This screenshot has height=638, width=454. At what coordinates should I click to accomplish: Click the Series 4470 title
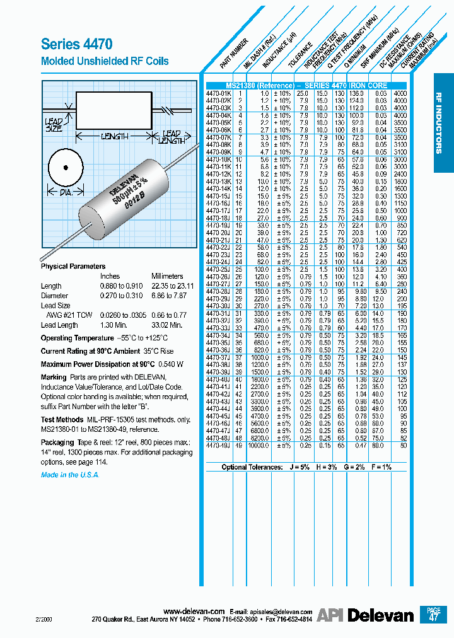point(76,44)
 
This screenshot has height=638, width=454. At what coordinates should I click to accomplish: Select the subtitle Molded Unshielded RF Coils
point(105,61)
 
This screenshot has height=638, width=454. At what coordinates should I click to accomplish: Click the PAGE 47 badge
point(433,614)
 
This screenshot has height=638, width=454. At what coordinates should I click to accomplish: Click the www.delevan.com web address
point(194,612)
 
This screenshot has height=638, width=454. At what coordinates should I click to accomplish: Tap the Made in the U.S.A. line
point(70,475)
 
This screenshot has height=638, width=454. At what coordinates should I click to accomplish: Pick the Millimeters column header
point(167,276)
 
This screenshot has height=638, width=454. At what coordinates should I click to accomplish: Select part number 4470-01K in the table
point(219,93)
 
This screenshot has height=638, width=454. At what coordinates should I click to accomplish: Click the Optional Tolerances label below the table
point(252,467)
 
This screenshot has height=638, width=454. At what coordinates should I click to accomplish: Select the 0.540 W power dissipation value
point(171,364)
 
